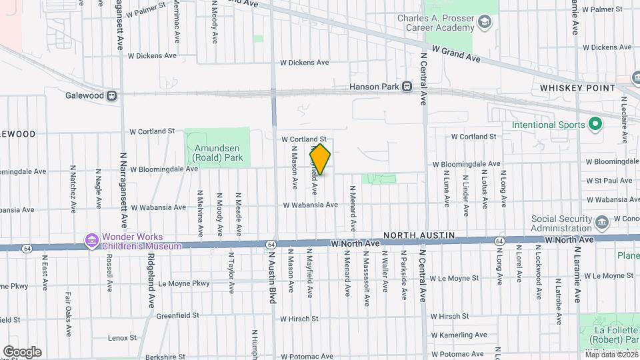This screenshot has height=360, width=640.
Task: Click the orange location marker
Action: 320,159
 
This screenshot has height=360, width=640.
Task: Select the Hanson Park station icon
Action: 406,87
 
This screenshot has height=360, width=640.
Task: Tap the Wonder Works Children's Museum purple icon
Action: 90,239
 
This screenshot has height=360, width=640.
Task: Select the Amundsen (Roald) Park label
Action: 217,153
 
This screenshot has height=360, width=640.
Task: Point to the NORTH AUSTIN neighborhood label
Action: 419,236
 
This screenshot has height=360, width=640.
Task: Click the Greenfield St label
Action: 178,315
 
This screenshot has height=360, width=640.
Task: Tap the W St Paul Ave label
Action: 609,181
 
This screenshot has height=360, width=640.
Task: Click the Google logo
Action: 22,352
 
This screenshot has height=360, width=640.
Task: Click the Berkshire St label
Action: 176,357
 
